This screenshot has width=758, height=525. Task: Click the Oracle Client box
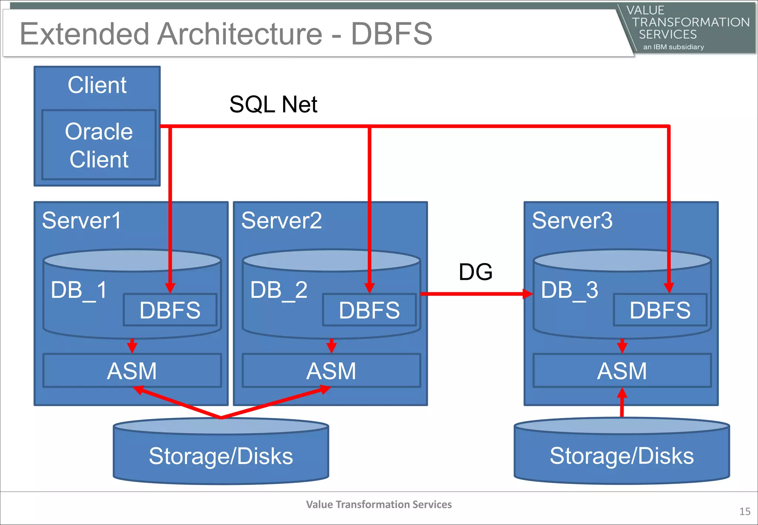tap(99, 145)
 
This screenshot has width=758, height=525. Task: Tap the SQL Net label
tap(273, 104)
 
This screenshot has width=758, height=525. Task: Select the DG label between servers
tap(475, 272)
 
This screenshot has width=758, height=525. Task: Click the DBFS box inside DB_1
tap(170, 310)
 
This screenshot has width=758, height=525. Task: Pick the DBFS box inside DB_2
tap(369, 310)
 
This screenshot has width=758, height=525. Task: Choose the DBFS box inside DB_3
tap(660, 310)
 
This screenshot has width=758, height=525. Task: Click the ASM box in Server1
tap(132, 371)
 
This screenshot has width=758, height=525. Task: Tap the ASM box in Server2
tap(331, 371)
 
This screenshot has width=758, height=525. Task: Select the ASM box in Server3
tap(622, 371)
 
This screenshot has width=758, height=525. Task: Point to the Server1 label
tap(81, 221)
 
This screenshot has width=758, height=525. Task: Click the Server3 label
tap(572, 221)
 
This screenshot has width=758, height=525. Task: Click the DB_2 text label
tap(279, 290)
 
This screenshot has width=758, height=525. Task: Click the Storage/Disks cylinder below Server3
tap(622, 455)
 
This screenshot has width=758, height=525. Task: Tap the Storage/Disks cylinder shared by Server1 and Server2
tap(221, 455)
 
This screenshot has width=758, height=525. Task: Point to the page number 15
tap(745, 512)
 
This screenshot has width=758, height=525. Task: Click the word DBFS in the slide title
tap(392, 34)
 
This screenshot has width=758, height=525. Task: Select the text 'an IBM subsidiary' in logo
tap(673, 47)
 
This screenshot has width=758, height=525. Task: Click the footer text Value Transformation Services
tap(379, 504)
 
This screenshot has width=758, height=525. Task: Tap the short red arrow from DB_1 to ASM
tap(132, 346)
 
